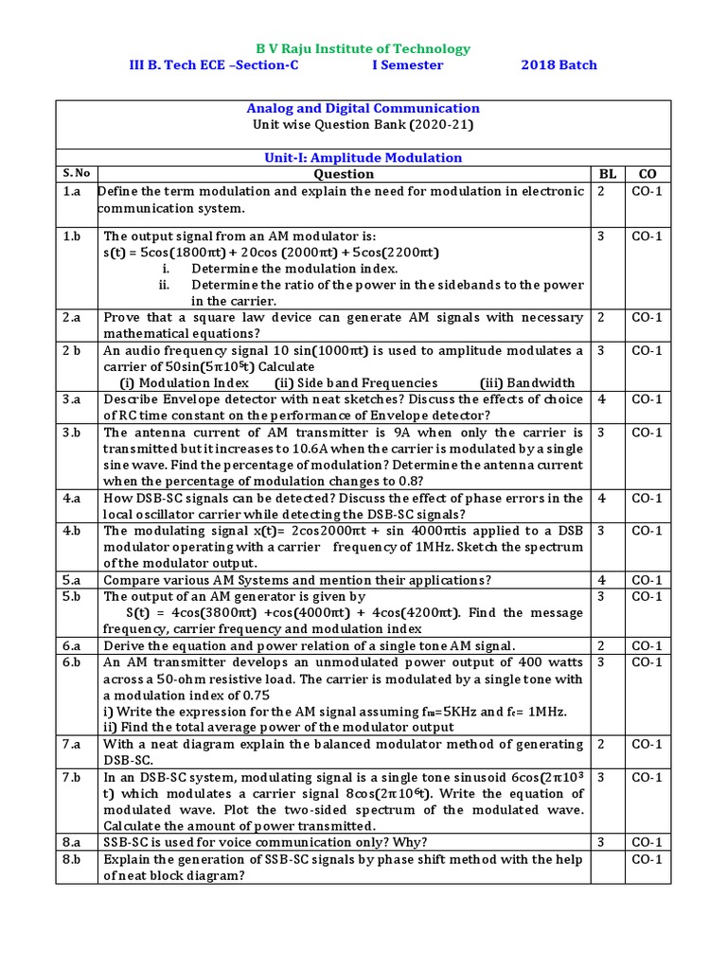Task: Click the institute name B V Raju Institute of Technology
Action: tap(363, 48)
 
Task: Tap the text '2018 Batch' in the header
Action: tap(559, 65)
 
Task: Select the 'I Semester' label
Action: tap(406, 65)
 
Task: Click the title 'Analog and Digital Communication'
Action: tap(363, 108)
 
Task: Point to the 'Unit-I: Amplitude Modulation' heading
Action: tap(363, 157)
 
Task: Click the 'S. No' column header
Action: tap(77, 173)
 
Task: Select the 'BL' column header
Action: tap(607, 174)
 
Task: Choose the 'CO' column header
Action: tap(647, 174)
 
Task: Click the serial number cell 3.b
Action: tap(72, 432)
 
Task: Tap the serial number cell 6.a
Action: tap(72, 645)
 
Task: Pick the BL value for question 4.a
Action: tap(602, 498)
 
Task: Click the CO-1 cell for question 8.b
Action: tap(647, 859)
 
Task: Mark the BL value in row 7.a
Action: tap(602, 744)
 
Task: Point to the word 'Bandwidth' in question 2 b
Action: tap(541, 383)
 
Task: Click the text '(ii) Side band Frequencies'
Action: tap(356, 383)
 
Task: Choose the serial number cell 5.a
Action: tap(72, 580)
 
